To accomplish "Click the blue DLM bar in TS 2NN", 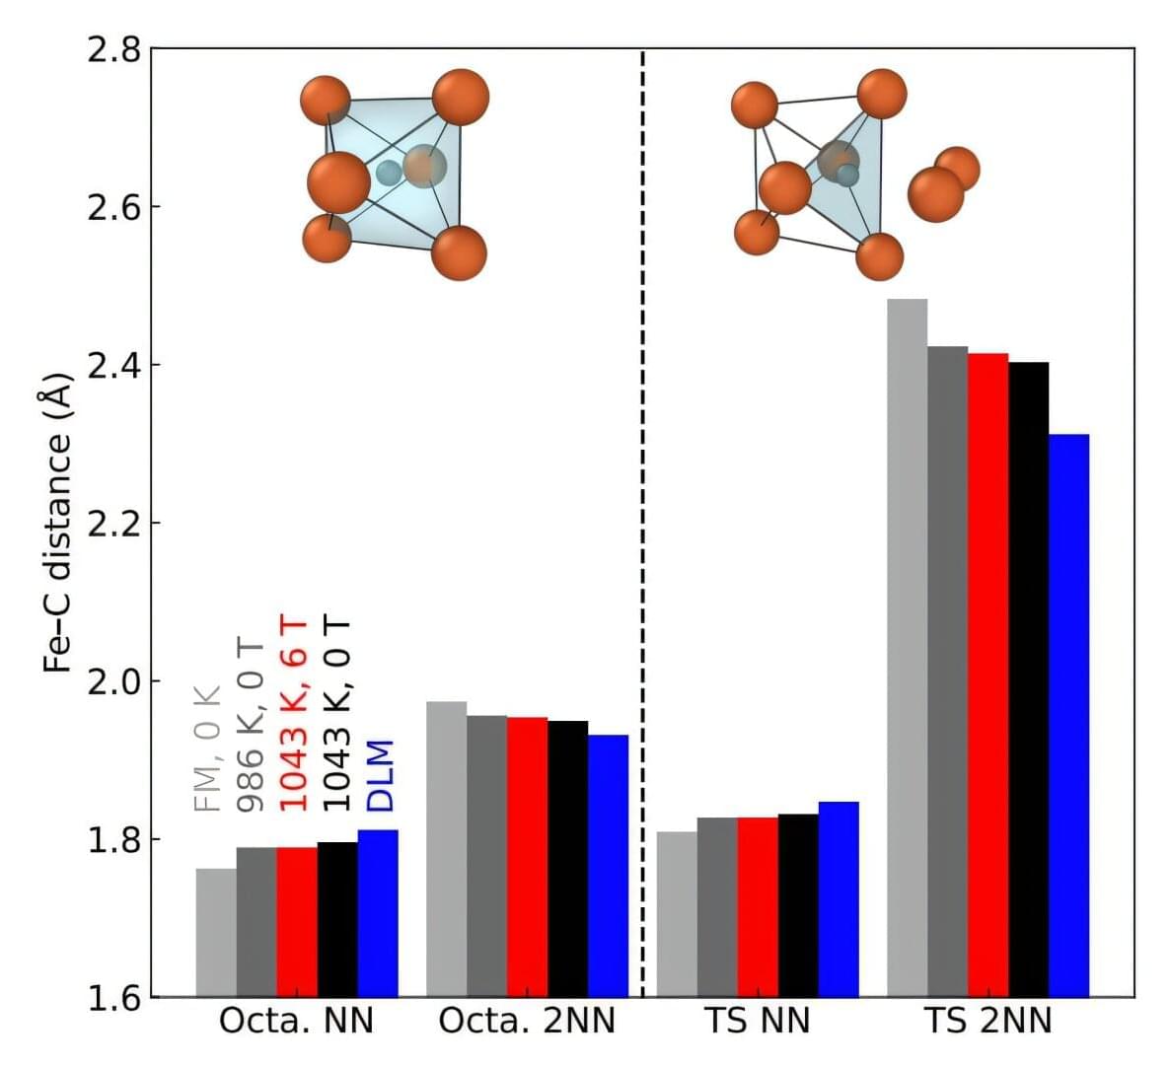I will click(x=1068, y=715).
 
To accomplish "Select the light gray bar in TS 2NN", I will click(x=907, y=647).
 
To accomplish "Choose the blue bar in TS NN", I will click(x=839, y=898).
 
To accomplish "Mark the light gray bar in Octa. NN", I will click(x=216, y=932).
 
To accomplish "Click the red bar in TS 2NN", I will click(x=987, y=675).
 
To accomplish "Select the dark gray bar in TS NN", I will click(x=717, y=906).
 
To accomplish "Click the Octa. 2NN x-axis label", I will click(x=527, y=1022).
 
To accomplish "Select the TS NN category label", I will click(x=758, y=1022).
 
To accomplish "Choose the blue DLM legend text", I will click(x=380, y=775).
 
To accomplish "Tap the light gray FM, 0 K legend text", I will click(x=209, y=747).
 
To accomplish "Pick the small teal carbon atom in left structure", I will click(x=389, y=174).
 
